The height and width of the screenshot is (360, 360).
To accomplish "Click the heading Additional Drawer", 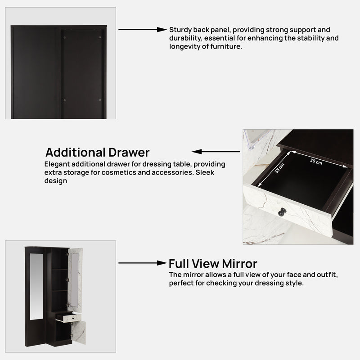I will [x=98, y=152].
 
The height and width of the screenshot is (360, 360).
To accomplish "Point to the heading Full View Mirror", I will [x=213, y=263].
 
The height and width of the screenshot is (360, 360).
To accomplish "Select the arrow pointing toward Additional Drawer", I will [x=216, y=152].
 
